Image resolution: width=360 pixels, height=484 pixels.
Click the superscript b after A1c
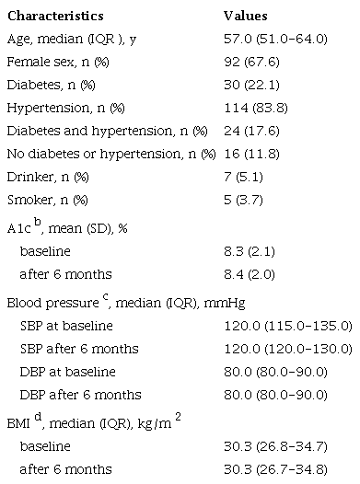(38, 222)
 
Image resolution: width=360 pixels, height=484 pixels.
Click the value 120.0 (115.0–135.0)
(287, 326)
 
